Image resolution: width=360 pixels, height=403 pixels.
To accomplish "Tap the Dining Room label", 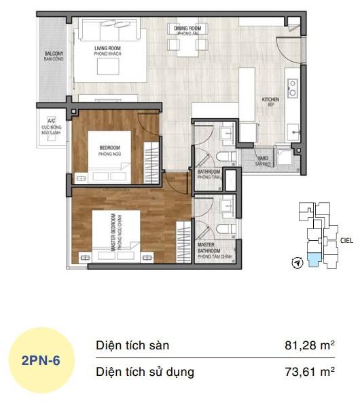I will pos(190,30).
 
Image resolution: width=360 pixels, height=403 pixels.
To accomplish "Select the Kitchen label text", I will pos(270,102).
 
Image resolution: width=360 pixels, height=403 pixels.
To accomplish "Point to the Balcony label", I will pos(54,56).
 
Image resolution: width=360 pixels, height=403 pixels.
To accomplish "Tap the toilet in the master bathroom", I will pos(229,226).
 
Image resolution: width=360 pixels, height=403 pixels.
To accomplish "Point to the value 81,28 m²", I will pos(310,346).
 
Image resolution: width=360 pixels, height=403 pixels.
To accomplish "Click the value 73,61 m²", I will pos(310,372).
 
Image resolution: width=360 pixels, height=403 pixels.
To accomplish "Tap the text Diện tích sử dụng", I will pos(145,372).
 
